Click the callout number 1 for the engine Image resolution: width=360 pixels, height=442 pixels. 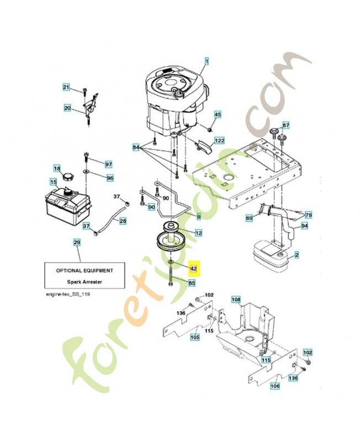pos(207,61)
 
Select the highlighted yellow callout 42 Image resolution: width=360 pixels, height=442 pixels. pos(193,269)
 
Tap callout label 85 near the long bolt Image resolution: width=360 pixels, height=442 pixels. pos(192,283)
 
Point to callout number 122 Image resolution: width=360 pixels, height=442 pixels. pos(219,141)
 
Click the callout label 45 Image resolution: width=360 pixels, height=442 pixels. pos(218,114)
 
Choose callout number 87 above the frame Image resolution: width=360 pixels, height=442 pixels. pos(285,125)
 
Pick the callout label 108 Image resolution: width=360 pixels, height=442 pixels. pos(236,300)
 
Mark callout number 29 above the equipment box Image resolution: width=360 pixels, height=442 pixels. pos(77,243)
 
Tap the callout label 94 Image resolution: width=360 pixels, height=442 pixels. pos(304,226)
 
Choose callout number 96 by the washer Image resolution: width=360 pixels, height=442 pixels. pos(109,178)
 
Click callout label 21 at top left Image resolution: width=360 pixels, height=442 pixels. pos(66,88)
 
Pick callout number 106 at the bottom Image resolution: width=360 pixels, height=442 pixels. pos(275,386)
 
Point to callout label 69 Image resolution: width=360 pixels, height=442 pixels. pos(249,219)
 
